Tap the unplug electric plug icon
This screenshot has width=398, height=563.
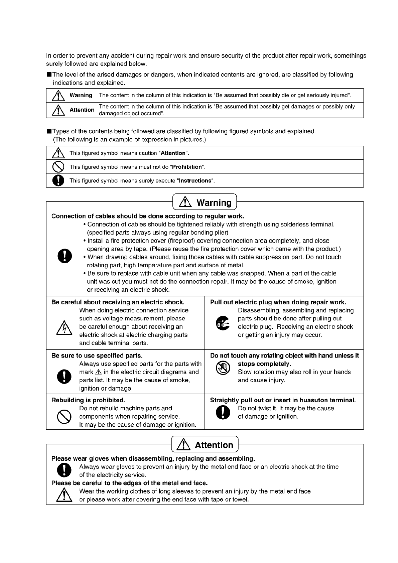pos(223,323)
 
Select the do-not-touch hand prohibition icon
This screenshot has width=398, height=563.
pos(223,369)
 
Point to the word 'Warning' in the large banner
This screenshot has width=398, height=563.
pos(214,202)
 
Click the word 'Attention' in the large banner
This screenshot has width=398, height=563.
pos(214,445)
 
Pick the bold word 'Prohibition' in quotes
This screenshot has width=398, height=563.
pos(187,167)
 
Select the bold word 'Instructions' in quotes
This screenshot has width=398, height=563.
pos(195,181)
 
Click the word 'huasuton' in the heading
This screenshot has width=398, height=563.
pos(314,400)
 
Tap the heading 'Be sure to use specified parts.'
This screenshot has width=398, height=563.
pos(97,356)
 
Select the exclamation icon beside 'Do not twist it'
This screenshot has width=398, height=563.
pos(223,413)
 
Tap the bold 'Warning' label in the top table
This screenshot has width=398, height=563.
pos(81,95)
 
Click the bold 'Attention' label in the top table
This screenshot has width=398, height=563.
pos(82,110)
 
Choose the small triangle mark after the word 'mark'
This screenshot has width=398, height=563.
pos(98,372)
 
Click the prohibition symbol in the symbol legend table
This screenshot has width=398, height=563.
pos(58,167)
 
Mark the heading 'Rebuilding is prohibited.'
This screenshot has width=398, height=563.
pos(88,400)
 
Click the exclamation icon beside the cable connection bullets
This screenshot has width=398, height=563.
pos(64,256)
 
